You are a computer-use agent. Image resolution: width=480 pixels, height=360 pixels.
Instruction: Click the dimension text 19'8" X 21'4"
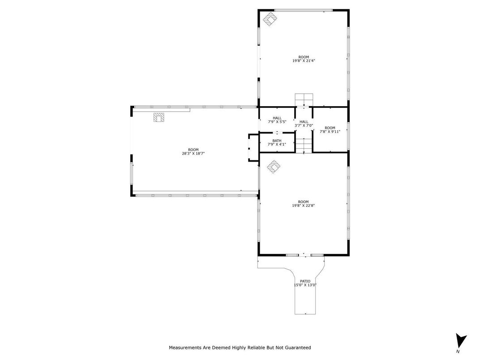pos(304,61)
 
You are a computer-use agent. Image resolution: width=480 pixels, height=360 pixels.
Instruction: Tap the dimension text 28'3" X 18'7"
pos(193,154)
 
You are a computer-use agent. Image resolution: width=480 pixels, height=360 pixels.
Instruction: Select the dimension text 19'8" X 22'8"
pos(304,206)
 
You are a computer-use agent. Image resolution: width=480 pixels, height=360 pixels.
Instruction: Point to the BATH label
pos(277,141)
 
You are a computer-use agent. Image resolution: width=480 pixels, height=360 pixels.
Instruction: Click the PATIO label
pos(305,281)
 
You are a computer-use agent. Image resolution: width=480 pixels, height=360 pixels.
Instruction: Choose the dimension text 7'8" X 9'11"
pos(330,132)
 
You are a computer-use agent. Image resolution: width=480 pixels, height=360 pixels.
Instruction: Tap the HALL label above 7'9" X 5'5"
pos(277,118)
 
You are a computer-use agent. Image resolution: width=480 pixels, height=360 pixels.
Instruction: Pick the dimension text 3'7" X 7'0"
pos(304,125)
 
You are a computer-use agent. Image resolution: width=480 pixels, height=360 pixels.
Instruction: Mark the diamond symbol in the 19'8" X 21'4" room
pos(270,19)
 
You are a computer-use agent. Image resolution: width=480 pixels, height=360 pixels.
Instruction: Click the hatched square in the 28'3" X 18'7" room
pos(159,117)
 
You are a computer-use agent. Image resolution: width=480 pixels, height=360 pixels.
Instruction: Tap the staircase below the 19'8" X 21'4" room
pos(304,99)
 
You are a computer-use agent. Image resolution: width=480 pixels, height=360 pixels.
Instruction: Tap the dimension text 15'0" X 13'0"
pos(305,285)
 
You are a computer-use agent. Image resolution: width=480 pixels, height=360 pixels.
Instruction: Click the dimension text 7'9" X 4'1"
pos(277,144)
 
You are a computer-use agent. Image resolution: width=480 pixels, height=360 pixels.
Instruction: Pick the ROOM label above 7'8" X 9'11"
pos(330,128)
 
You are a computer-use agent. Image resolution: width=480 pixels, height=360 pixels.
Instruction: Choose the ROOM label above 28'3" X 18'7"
pos(193,150)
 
